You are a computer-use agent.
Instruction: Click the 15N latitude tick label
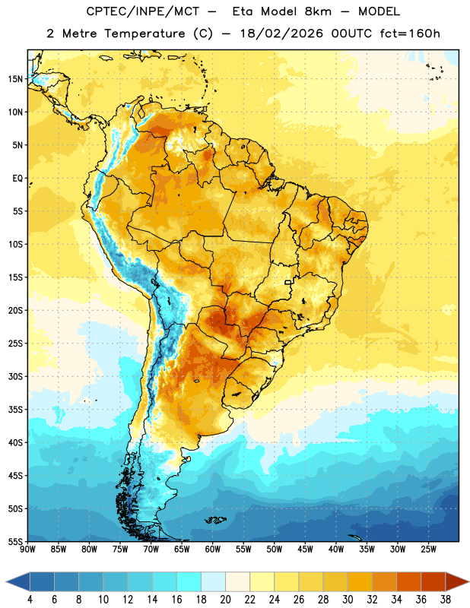coord(16,79)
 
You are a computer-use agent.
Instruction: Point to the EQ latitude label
coord(17,179)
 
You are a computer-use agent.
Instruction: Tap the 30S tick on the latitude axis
coord(16,376)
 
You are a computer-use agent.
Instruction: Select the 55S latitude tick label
coord(16,542)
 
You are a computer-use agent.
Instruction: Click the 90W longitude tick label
coord(27,549)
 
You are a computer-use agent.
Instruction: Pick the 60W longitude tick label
coord(213,549)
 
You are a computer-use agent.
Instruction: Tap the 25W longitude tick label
coord(428,549)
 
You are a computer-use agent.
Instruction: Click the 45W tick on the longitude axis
coord(305,549)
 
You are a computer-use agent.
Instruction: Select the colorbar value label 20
coord(225,600)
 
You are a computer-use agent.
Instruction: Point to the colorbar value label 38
coord(446,600)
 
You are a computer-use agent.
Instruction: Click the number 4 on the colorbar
coord(30,600)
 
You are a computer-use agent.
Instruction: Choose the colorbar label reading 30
coord(348,600)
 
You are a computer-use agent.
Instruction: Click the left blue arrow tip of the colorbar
coord(6,581)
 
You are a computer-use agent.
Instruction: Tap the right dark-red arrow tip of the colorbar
coord(468,581)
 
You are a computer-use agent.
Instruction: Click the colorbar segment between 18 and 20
coord(213,581)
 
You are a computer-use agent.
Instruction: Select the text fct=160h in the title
coord(410,33)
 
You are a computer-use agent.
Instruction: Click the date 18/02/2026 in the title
coord(281,33)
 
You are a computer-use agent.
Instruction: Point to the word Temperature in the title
coord(144,33)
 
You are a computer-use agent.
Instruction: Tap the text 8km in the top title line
coord(318,11)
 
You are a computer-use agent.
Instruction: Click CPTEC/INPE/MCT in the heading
coord(143,11)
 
